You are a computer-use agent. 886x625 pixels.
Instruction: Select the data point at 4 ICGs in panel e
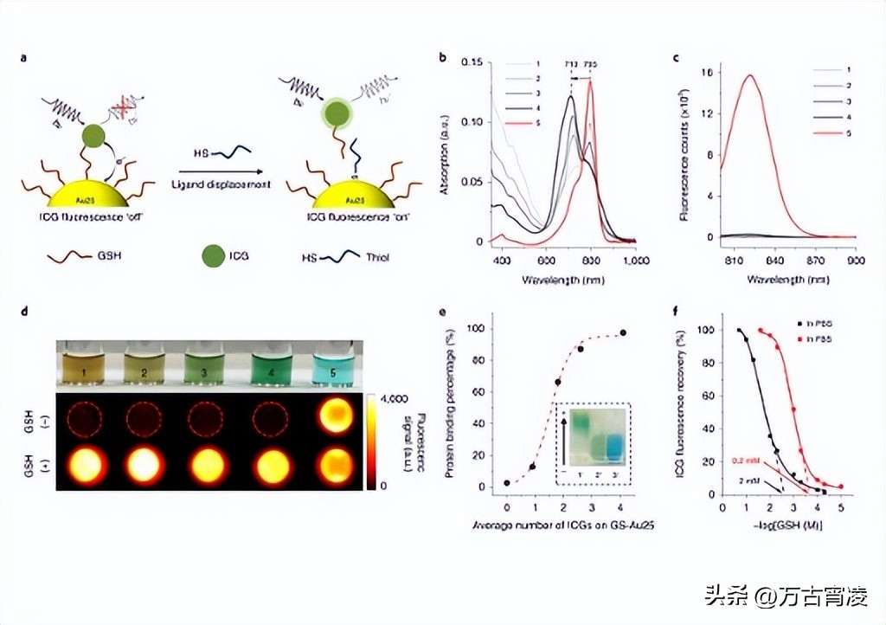click(623, 332)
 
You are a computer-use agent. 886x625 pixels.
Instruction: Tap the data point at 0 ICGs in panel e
click(507, 483)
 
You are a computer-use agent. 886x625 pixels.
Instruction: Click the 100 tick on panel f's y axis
click(711, 331)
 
